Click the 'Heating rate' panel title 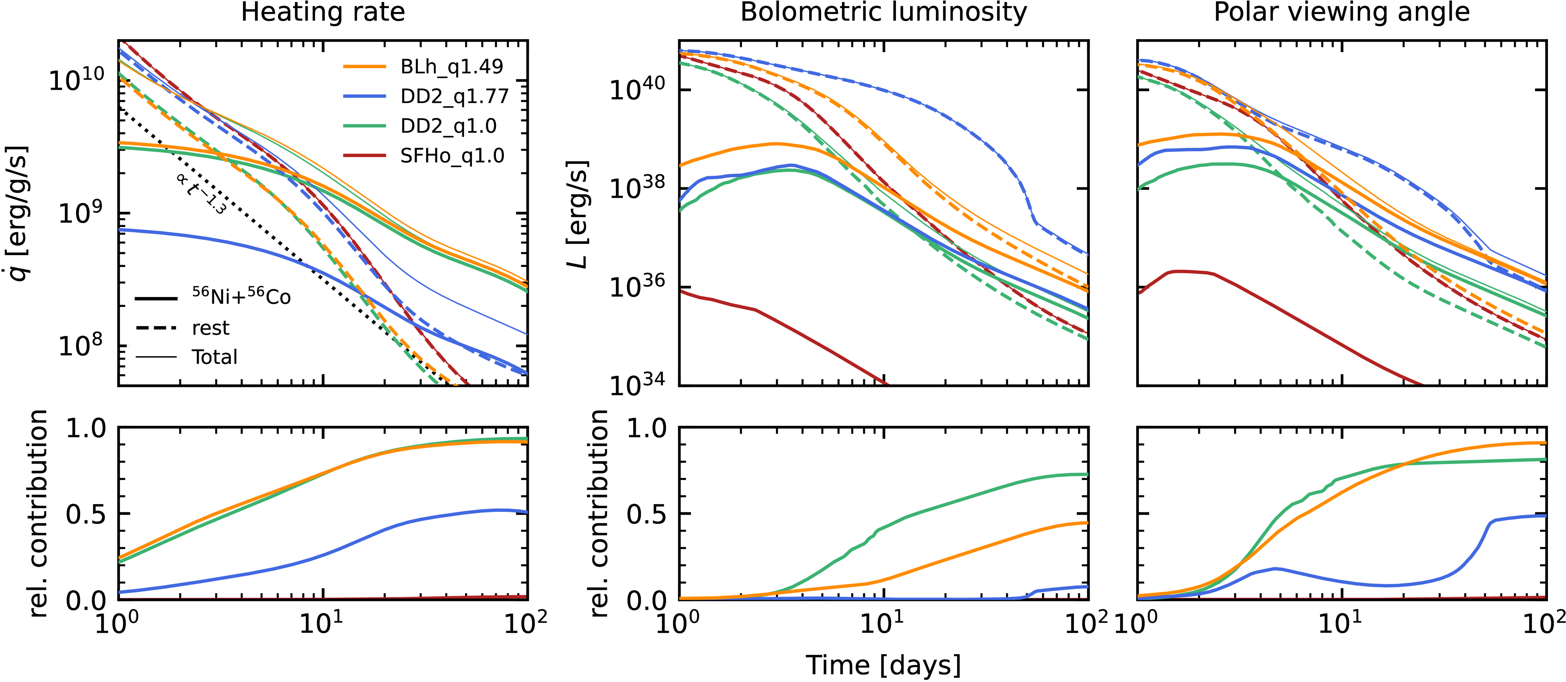pos(323,12)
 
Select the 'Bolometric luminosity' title pos(883,12)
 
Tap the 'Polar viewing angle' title pos(1342,12)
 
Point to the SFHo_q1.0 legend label pos(452,156)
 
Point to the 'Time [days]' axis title pos(883,665)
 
